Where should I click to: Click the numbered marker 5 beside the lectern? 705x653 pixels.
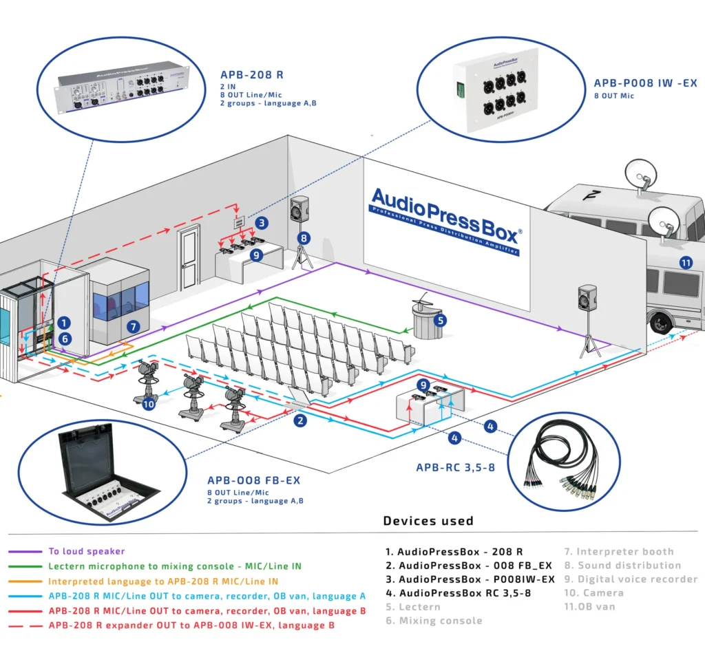point(441,320)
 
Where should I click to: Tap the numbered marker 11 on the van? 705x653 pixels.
point(685,262)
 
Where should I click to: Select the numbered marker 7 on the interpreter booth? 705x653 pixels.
point(134,326)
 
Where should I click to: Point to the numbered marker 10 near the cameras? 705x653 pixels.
point(149,405)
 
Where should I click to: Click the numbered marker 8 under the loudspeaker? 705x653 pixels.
point(304,238)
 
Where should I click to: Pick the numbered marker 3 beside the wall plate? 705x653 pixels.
point(262,223)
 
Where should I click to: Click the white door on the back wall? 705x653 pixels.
point(188,259)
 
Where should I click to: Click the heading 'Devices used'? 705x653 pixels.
point(428,520)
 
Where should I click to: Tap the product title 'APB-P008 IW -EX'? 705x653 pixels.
point(645,83)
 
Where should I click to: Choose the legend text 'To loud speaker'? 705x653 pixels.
point(87,551)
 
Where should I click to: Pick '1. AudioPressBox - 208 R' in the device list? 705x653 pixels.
point(454,551)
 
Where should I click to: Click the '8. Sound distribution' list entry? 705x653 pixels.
point(622,565)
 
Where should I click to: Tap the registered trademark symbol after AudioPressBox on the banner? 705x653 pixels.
point(520,232)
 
